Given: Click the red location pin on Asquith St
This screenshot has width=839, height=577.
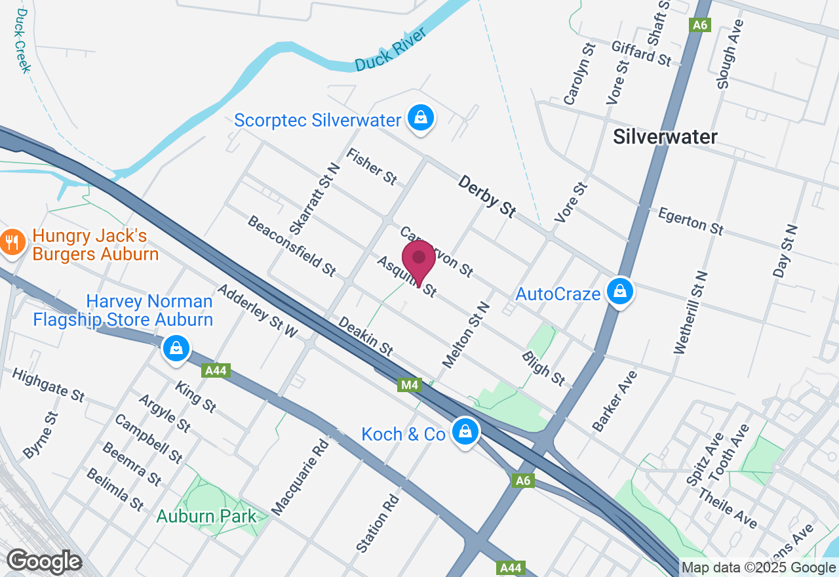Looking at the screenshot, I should pyautogui.click(x=419, y=260).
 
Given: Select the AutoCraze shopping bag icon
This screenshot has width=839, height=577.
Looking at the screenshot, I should pyautogui.click(x=619, y=291).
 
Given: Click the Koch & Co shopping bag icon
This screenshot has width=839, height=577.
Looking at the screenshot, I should pyautogui.click(x=465, y=432).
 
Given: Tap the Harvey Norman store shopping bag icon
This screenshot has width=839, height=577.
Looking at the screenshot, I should pyautogui.click(x=176, y=349).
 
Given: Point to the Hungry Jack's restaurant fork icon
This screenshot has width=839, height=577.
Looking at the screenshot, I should pyautogui.click(x=11, y=244).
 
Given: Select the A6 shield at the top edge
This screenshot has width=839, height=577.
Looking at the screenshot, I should pyautogui.click(x=700, y=25).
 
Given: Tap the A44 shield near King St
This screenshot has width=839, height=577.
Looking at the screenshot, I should pyautogui.click(x=216, y=371).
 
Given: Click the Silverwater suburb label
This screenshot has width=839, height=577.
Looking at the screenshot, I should pyautogui.click(x=665, y=136).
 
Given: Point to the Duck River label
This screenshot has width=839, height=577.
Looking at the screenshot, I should pyautogui.click(x=391, y=50).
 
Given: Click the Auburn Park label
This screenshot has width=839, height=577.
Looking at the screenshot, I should pyautogui.click(x=207, y=516).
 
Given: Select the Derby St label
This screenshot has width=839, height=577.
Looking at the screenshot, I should pyautogui.click(x=487, y=196).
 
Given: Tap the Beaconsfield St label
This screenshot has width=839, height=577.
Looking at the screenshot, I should pyautogui.click(x=291, y=245).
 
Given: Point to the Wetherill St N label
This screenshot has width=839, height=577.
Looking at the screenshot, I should pyautogui.click(x=692, y=313).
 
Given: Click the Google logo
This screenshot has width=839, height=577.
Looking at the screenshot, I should pyautogui.click(x=44, y=561).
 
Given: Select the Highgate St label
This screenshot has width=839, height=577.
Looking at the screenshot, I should pyautogui.click(x=49, y=386).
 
